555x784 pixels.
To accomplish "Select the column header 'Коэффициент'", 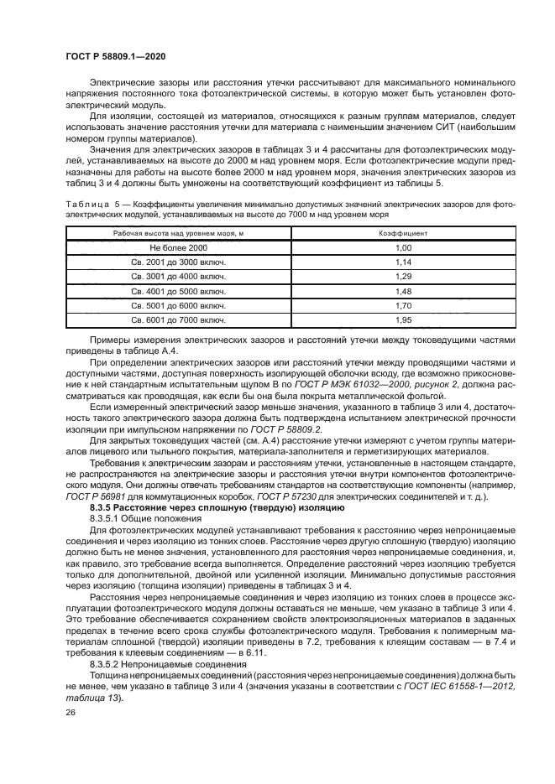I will click(404, 234).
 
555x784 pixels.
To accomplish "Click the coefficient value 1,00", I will click(404, 249).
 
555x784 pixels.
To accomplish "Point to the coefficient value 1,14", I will click(404, 263).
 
